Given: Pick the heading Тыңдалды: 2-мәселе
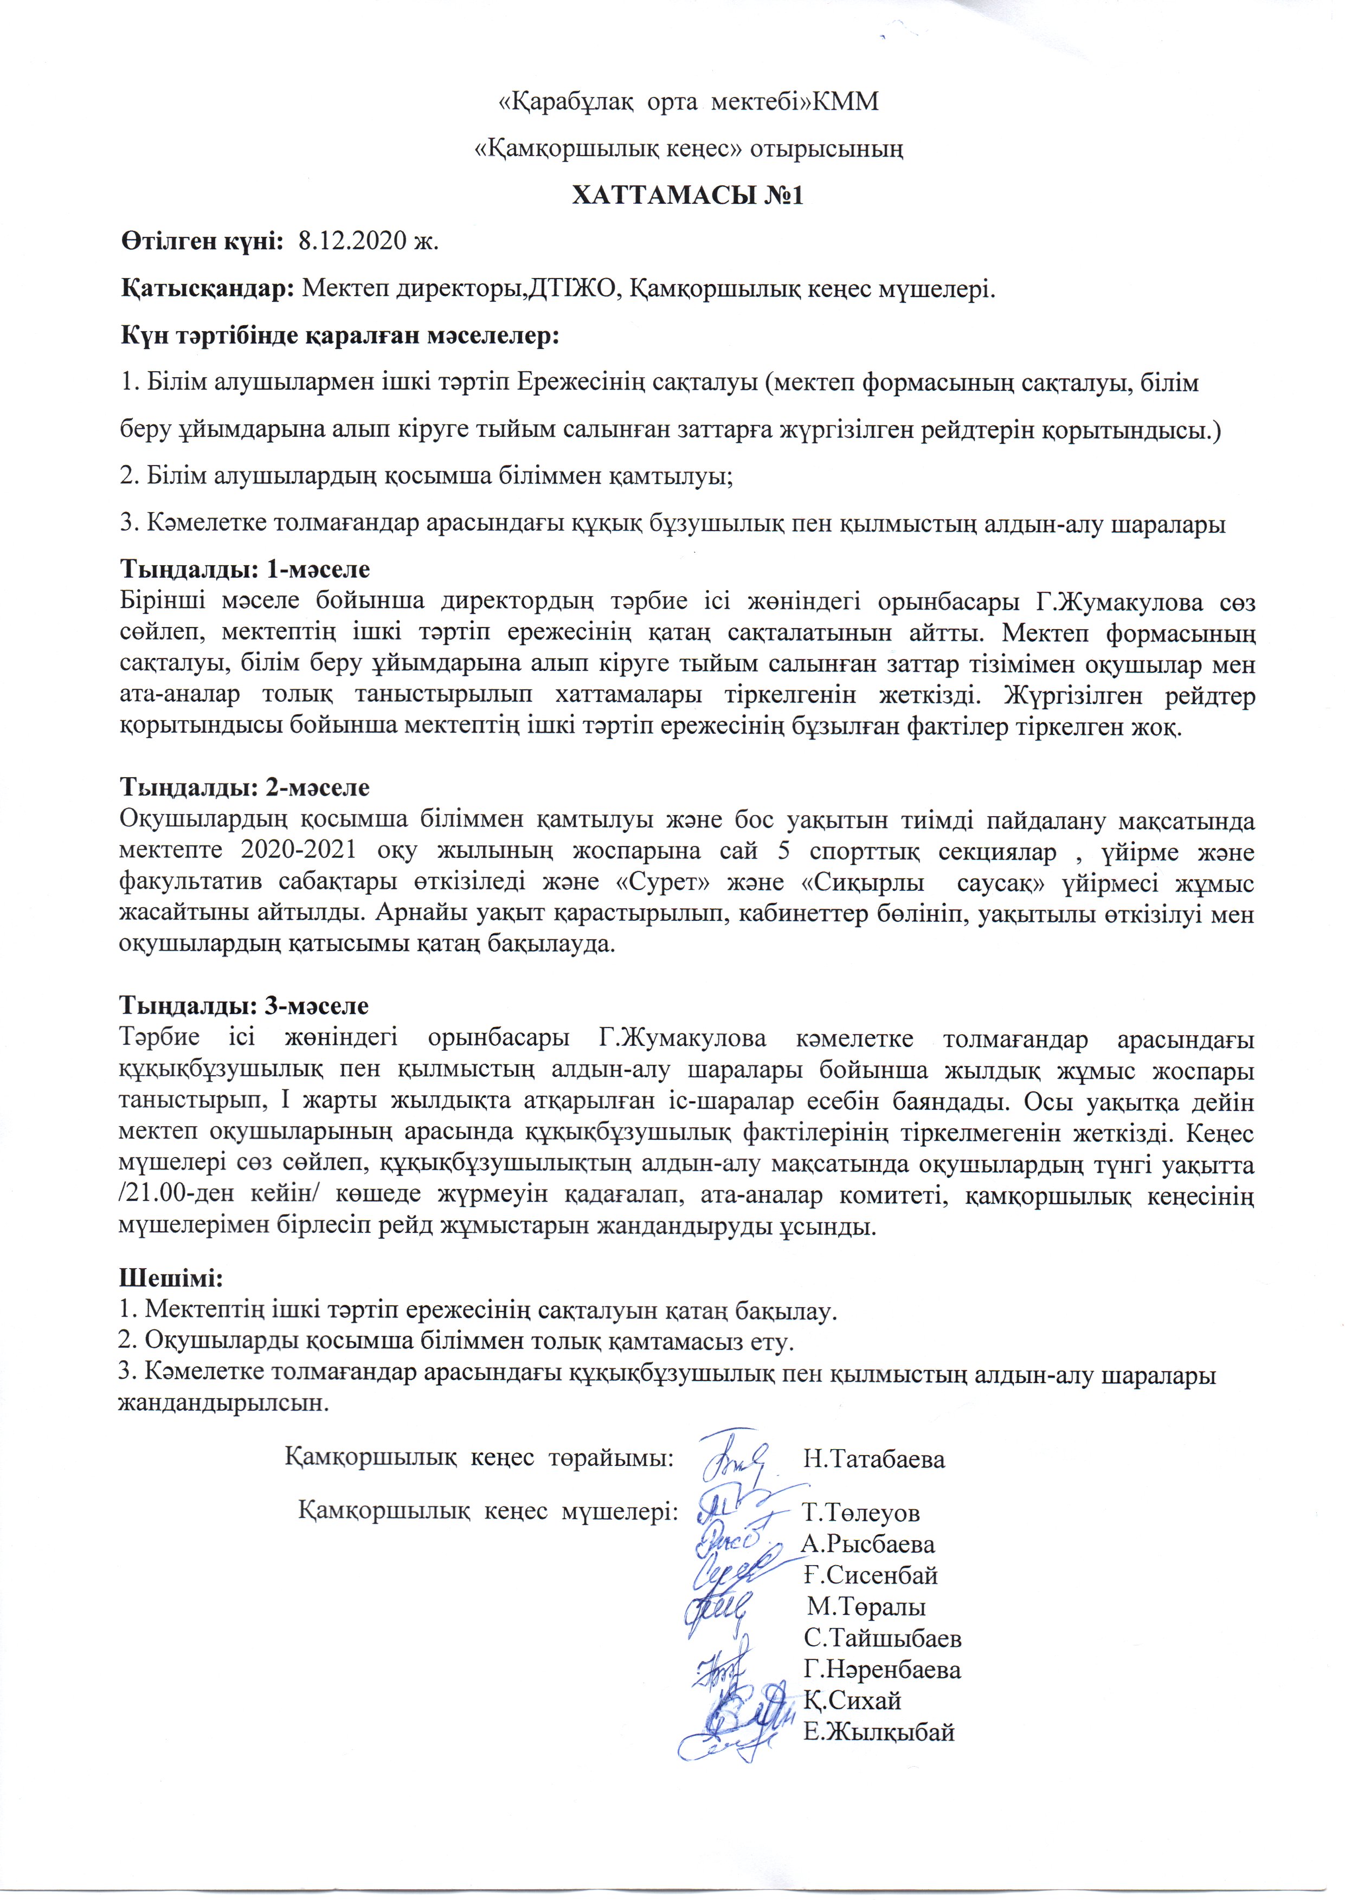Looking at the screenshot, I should coord(245,787).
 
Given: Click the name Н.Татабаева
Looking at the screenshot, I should coord(874,1459).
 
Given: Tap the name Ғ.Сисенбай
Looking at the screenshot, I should coord(871,1575).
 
